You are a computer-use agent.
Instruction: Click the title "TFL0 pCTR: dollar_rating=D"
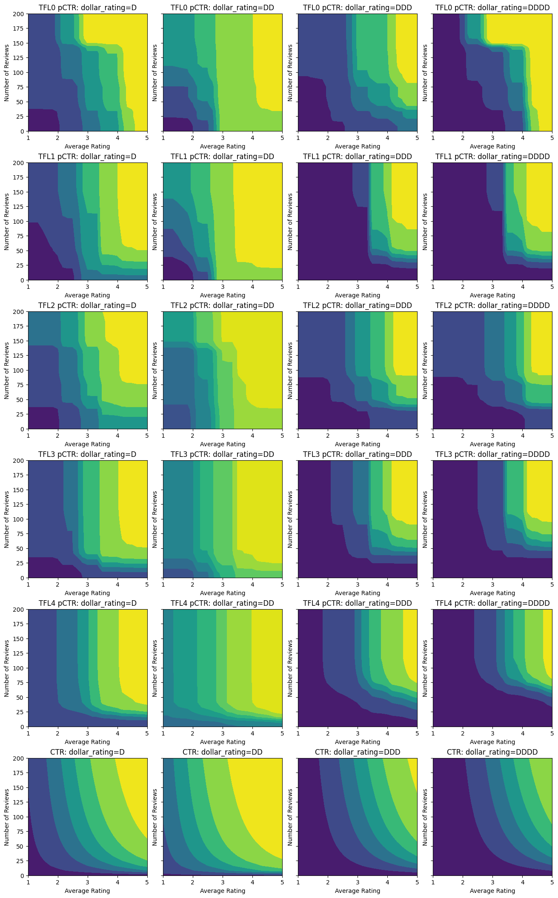click(x=87, y=8)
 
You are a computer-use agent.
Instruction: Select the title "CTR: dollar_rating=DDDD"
click(x=492, y=752)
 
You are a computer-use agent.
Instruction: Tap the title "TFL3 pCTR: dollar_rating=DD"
click(x=222, y=454)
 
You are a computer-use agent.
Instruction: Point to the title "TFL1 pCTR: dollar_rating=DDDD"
click(x=492, y=157)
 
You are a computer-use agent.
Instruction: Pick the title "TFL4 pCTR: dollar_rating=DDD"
click(x=357, y=603)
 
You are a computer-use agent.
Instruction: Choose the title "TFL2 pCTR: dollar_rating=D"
click(x=87, y=305)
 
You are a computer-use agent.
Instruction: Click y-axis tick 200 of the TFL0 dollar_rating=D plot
click(x=20, y=14)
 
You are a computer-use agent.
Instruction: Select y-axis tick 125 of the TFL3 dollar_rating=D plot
click(x=20, y=505)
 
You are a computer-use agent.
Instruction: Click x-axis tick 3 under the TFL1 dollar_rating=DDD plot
click(x=358, y=287)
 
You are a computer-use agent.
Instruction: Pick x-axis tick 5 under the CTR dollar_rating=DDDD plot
click(x=552, y=882)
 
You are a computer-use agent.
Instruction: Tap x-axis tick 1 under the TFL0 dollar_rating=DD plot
click(x=163, y=138)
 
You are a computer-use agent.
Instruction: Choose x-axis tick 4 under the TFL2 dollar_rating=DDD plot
click(x=387, y=436)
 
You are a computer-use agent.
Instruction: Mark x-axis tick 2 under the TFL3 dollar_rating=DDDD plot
click(x=463, y=584)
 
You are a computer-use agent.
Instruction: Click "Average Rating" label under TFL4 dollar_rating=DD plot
click(x=222, y=742)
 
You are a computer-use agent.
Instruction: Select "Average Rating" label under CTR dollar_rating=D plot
click(x=87, y=891)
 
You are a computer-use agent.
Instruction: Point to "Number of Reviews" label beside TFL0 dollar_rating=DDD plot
click(x=290, y=73)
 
